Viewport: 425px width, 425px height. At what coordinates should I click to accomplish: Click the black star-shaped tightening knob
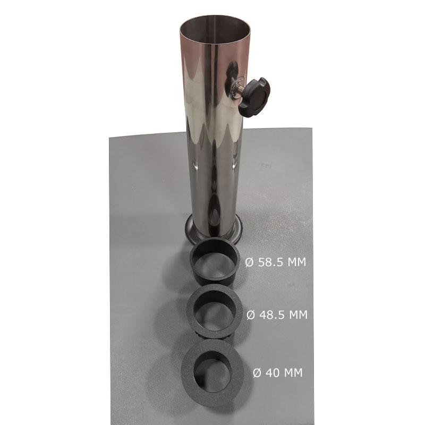255,97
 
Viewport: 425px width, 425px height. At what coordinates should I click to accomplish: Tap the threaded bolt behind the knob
239,89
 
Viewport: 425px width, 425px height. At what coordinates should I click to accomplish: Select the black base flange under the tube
214,231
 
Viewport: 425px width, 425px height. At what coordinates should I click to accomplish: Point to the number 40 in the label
273,373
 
